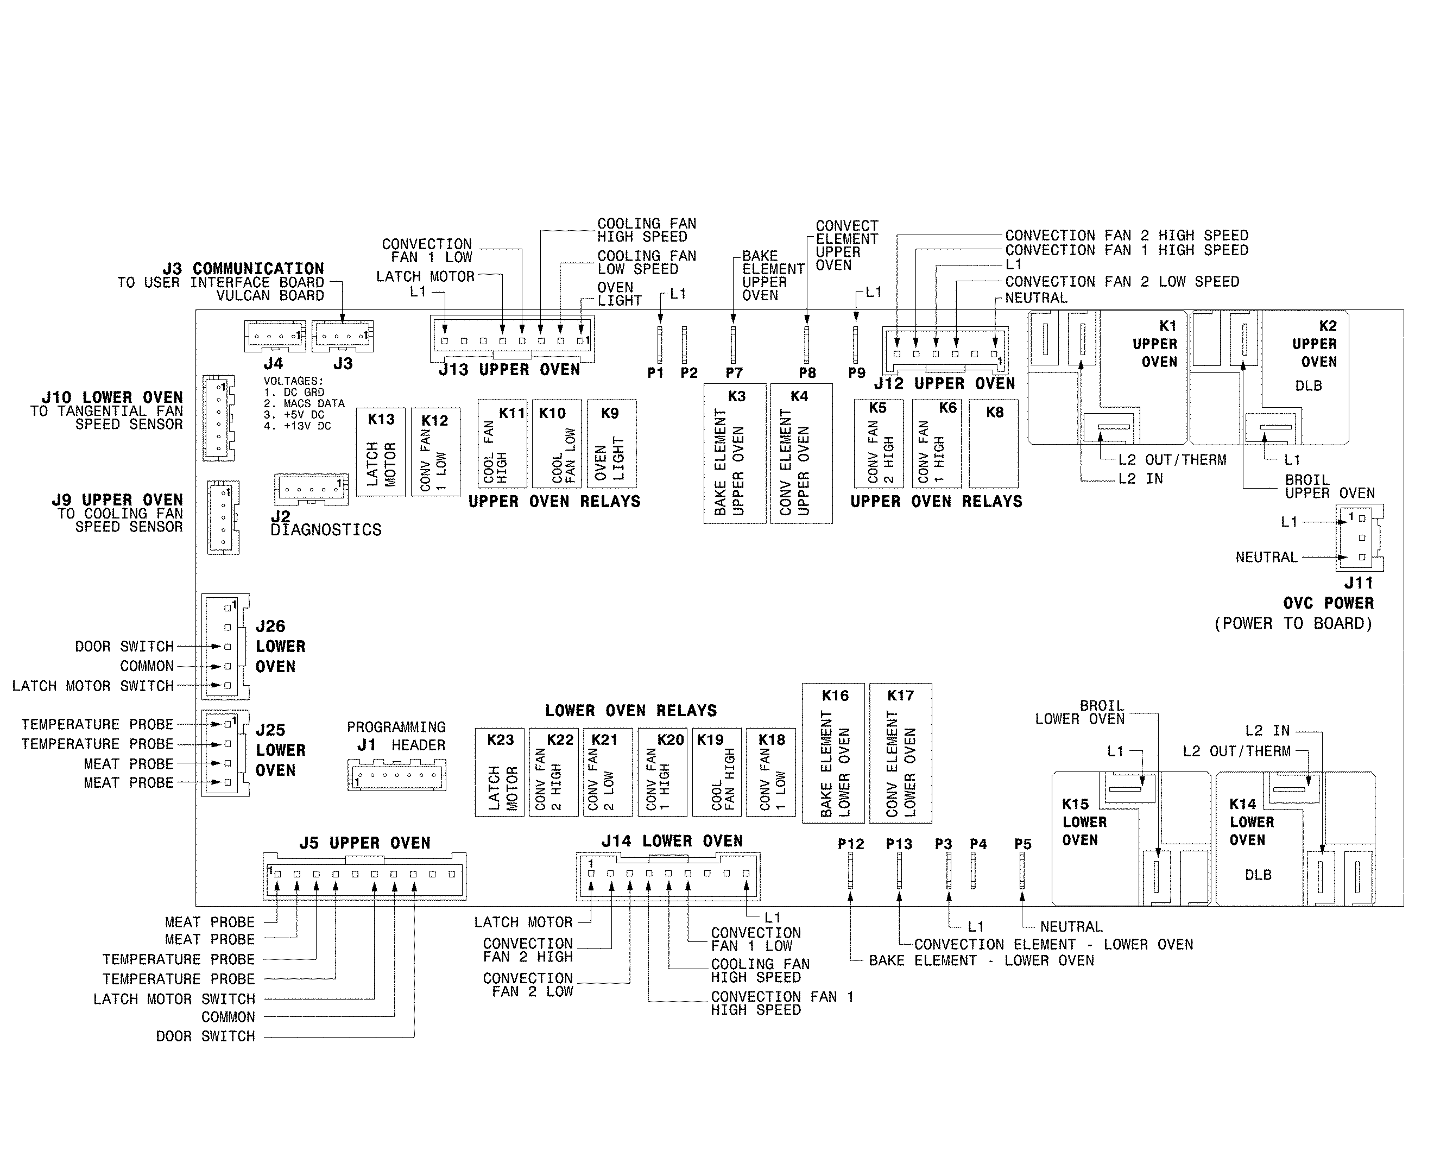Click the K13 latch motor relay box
click(x=381, y=452)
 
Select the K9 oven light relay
click(x=611, y=444)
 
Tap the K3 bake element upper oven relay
click(x=735, y=453)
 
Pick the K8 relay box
click(x=994, y=444)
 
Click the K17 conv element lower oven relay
click(x=900, y=752)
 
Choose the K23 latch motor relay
click(x=500, y=772)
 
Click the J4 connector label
click(x=273, y=364)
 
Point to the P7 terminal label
click(x=734, y=372)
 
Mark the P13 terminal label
click(x=899, y=844)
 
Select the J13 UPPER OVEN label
click(x=509, y=370)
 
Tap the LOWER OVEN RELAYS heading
click(x=631, y=710)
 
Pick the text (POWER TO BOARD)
click(x=1293, y=623)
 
